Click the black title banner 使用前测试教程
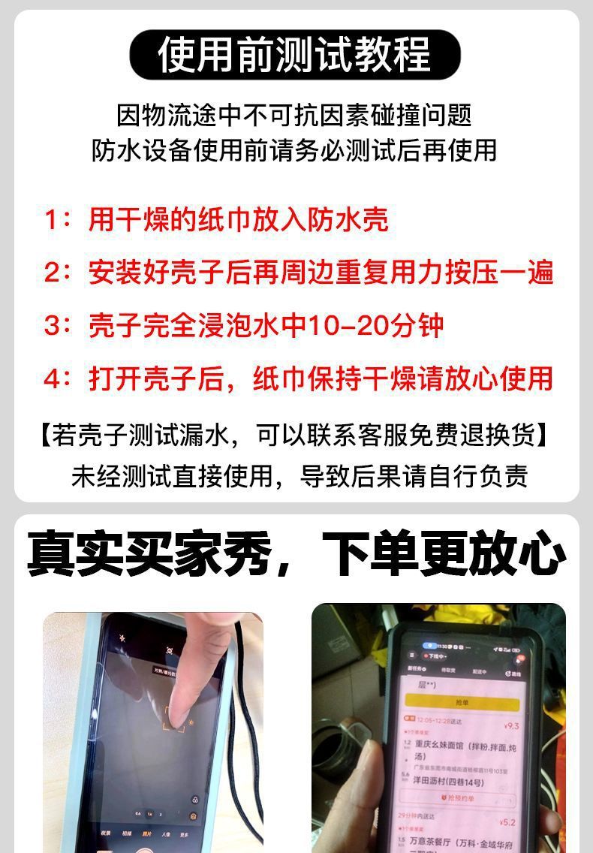pyautogui.click(x=295, y=55)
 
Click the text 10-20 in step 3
pyautogui.click(x=351, y=325)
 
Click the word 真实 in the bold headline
pyautogui.click(x=77, y=556)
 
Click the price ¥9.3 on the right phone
pyautogui.click(x=512, y=726)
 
